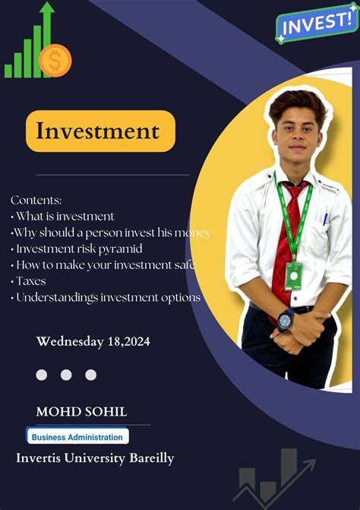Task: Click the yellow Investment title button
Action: coord(100,131)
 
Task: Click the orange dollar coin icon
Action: coord(55,60)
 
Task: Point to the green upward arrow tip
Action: coord(47,8)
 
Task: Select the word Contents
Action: coord(36,200)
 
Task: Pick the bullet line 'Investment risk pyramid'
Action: coord(78,249)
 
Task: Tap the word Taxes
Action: coord(30,281)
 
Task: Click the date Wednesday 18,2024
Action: coord(93,341)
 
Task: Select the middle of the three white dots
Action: coord(66,375)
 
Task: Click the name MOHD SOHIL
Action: coord(81,411)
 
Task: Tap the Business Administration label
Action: coord(77,437)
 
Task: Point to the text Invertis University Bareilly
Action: coord(95,458)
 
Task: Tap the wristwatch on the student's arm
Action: coord(286,319)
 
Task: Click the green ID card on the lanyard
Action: coord(293,276)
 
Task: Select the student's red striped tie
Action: coord(285,243)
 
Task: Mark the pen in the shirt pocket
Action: coord(325,220)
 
